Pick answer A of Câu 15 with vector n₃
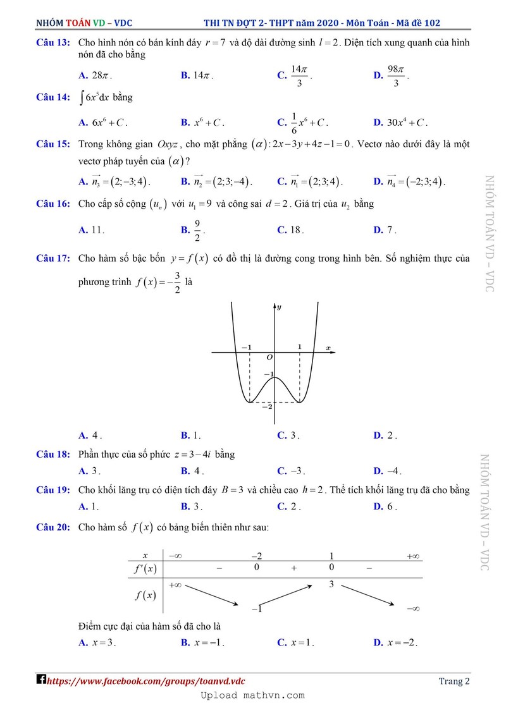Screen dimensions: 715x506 coord(118,182)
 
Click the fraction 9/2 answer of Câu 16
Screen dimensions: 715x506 coord(198,230)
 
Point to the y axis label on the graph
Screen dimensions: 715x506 coord(279,307)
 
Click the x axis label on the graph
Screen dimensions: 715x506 coord(328,348)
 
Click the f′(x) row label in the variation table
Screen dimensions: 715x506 coord(144,568)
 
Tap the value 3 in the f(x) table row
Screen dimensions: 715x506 coord(331,585)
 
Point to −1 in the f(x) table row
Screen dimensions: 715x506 coord(256,608)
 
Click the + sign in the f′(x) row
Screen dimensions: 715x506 coord(293,568)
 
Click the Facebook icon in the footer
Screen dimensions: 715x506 coord(41,680)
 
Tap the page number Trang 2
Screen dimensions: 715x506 coord(454,681)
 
